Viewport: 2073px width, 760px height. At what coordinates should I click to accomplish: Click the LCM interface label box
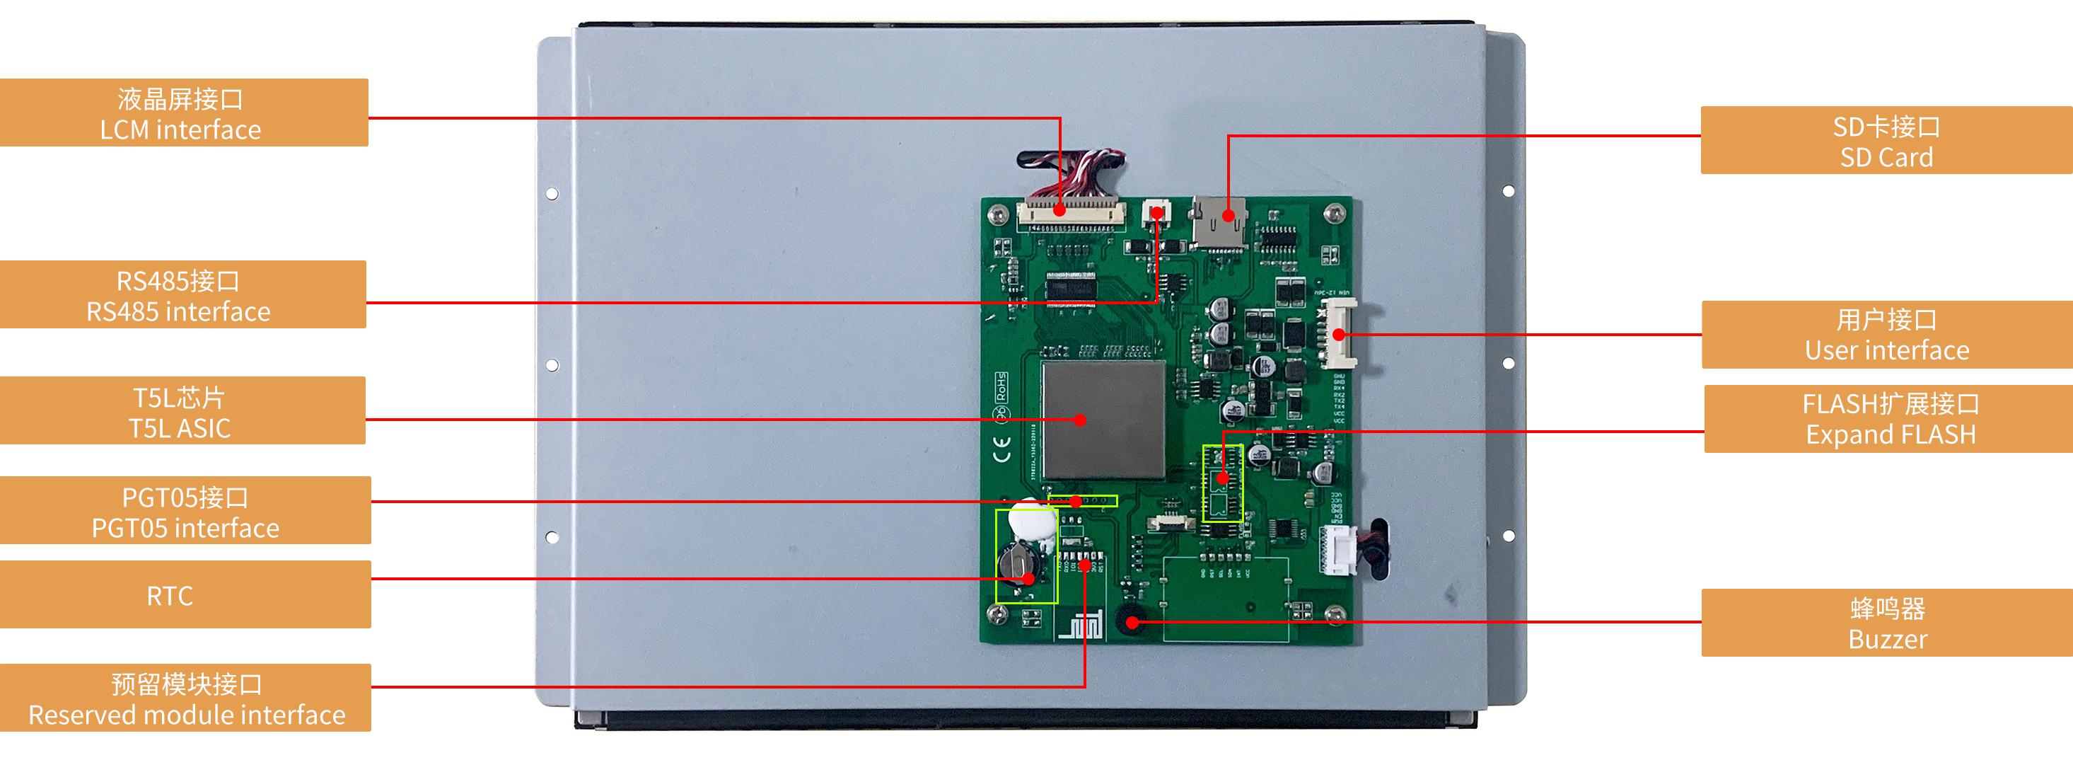point(183,113)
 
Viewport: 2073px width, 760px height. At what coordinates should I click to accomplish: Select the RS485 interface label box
point(182,294)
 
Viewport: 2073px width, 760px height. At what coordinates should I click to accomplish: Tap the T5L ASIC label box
point(182,410)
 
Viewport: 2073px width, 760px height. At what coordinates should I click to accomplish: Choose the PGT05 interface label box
point(185,510)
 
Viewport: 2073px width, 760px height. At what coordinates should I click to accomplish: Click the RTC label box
point(185,595)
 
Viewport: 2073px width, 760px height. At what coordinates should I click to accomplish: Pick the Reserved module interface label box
point(185,698)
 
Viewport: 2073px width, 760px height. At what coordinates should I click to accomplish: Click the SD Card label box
point(1886,140)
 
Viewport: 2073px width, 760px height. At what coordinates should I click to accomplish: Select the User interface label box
point(1886,335)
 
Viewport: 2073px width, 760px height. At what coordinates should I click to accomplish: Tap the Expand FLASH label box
point(1888,419)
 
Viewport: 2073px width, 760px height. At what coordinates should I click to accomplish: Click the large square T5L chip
point(1103,420)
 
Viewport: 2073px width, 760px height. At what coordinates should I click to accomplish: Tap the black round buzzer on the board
point(1131,620)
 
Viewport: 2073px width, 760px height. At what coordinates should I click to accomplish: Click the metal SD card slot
point(1219,222)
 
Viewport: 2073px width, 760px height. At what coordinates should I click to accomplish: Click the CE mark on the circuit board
point(1002,450)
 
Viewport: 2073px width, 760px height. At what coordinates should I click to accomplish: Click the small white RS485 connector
point(1156,212)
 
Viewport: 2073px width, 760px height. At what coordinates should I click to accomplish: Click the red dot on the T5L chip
point(1080,420)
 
